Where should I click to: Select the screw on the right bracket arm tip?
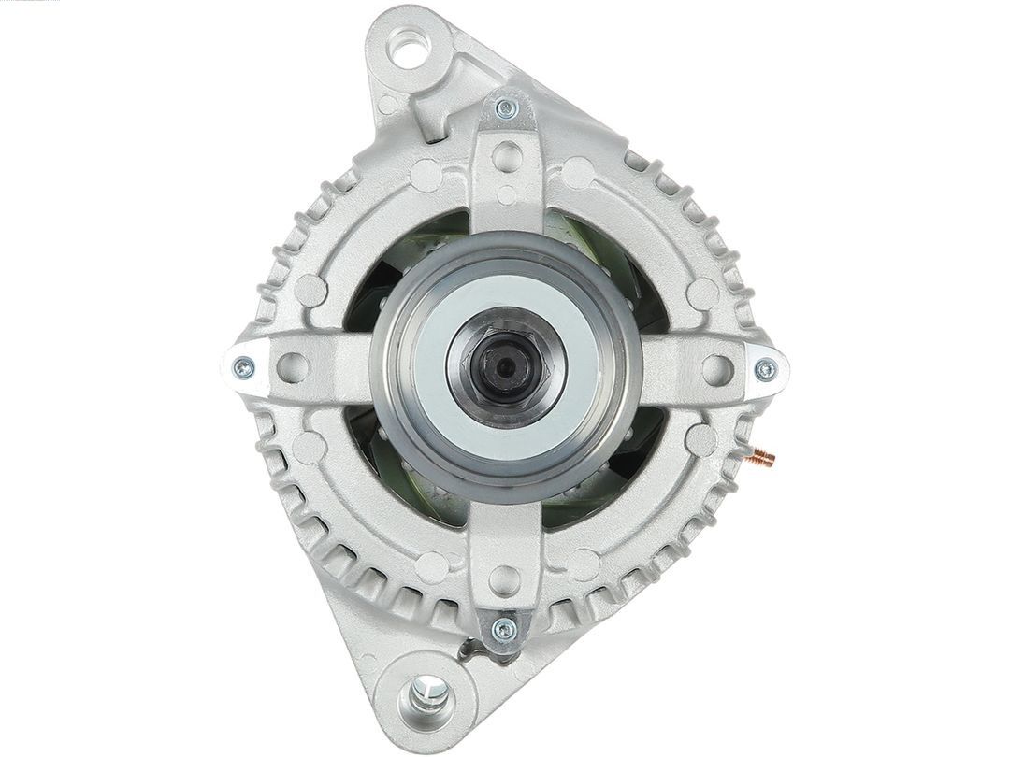click(x=765, y=369)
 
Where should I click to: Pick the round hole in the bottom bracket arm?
click(x=505, y=577)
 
